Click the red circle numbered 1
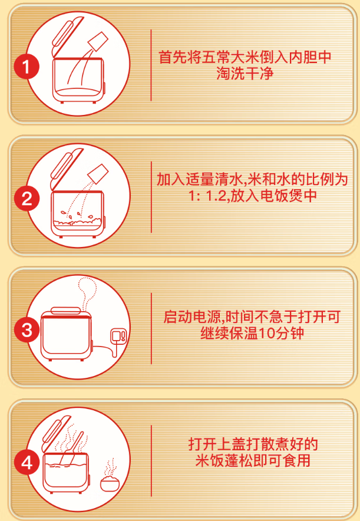[27, 67]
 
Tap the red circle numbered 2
[27, 199]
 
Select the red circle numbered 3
[27, 330]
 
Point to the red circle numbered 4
[27, 462]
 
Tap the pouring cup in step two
[98, 174]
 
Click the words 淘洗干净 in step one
[245, 73]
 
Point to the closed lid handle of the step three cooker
[66, 311]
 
